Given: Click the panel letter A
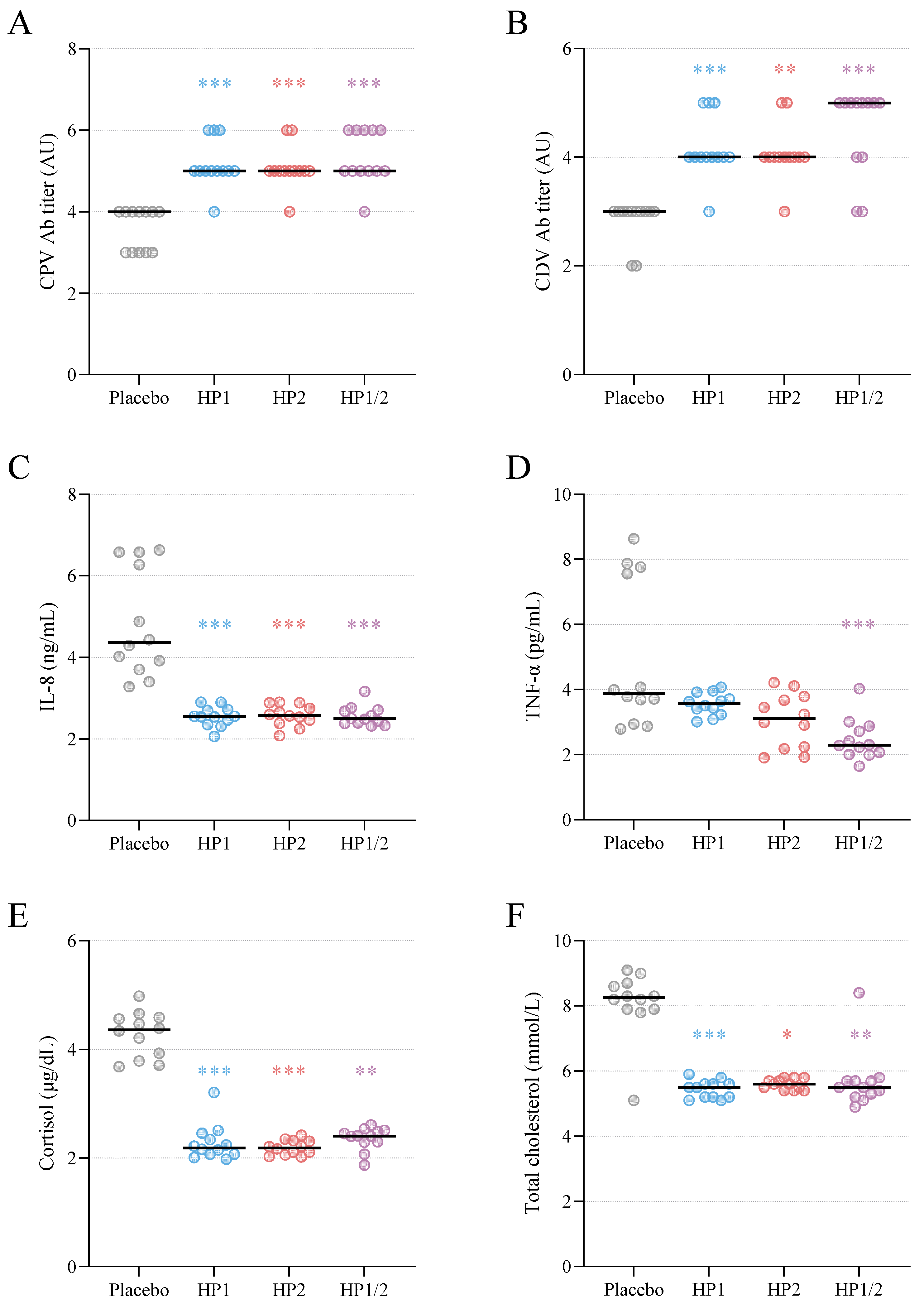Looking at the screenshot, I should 20,24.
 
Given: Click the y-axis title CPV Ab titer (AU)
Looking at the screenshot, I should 48,211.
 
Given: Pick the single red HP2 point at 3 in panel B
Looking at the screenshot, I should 784,211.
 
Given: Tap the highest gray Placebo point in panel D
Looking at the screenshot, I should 634,539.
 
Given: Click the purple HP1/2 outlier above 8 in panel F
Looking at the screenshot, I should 859,993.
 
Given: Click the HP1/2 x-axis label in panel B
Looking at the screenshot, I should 859,398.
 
